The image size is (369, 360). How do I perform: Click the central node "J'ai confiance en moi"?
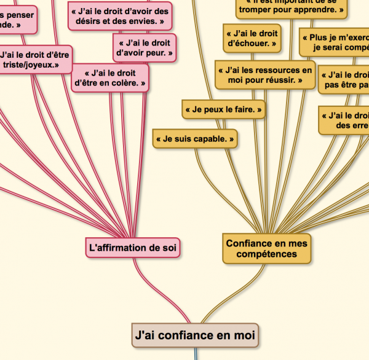coord(194,335)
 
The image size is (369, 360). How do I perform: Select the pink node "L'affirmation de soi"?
coord(134,248)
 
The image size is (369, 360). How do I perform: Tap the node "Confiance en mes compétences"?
coord(266,248)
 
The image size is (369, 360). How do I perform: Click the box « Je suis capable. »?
coord(195,139)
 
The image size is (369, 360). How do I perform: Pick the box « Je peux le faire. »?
coord(223,110)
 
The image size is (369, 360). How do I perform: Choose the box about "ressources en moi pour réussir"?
coord(265,75)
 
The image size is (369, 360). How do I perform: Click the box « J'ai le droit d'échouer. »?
coord(252,38)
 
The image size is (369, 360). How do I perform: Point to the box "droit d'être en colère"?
coord(110,78)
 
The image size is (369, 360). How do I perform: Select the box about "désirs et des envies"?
coord(119,16)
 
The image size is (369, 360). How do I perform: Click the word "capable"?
coord(210,139)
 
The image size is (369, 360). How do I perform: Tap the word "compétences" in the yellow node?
coord(266,254)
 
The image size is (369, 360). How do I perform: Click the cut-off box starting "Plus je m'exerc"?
coord(335,42)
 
